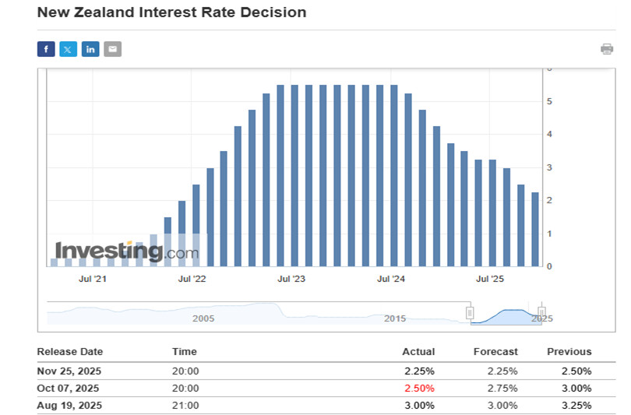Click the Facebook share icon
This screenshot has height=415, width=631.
coord(46,49)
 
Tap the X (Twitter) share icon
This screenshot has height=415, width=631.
coord(69,49)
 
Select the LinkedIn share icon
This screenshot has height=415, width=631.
coord(90,49)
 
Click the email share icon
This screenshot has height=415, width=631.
coord(113,49)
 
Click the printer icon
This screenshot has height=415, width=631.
coord(607,49)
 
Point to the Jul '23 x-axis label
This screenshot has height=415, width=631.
coord(291,278)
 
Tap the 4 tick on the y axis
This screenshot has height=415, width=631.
coord(549,134)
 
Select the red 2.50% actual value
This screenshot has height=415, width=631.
coord(419,388)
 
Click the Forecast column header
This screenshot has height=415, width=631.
coord(495,352)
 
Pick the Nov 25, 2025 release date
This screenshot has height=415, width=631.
coord(69,371)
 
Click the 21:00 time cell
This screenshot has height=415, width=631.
coord(185,405)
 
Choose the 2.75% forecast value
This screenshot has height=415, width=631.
coord(502,388)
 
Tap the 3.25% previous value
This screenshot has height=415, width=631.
coord(576,405)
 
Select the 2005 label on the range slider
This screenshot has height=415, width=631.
coord(203,318)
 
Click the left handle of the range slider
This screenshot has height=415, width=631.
coord(470,312)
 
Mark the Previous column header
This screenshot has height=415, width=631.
coord(569,352)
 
